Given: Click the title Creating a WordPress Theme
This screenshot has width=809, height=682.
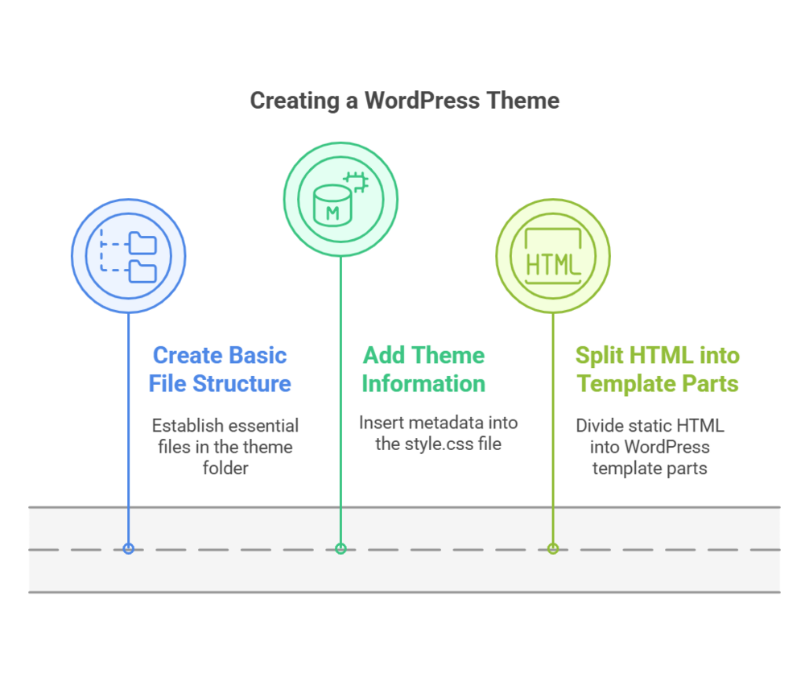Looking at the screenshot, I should [404, 101].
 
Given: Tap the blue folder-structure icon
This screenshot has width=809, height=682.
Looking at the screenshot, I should [129, 257].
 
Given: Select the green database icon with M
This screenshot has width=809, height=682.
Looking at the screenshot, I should [341, 199].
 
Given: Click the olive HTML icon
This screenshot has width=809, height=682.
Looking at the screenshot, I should [552, 257].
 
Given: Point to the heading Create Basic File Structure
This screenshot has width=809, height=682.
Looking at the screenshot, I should [220, 370].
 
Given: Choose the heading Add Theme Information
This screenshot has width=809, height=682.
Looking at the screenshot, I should [423, 370].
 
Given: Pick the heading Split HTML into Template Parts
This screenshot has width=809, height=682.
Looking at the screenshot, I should [657, 370].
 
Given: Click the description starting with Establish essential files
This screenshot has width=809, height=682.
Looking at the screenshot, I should [225, 446].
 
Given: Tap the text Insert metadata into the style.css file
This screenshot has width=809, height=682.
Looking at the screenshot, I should [438, 433].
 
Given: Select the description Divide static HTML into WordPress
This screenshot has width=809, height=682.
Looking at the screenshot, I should [650, 446].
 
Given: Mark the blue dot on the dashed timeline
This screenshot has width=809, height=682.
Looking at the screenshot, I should [128, 549].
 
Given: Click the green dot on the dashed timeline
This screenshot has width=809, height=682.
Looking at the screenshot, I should [341, 549].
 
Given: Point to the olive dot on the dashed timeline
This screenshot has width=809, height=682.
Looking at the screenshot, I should [552, 549].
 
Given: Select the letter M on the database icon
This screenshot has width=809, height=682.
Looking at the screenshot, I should [331, 213].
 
